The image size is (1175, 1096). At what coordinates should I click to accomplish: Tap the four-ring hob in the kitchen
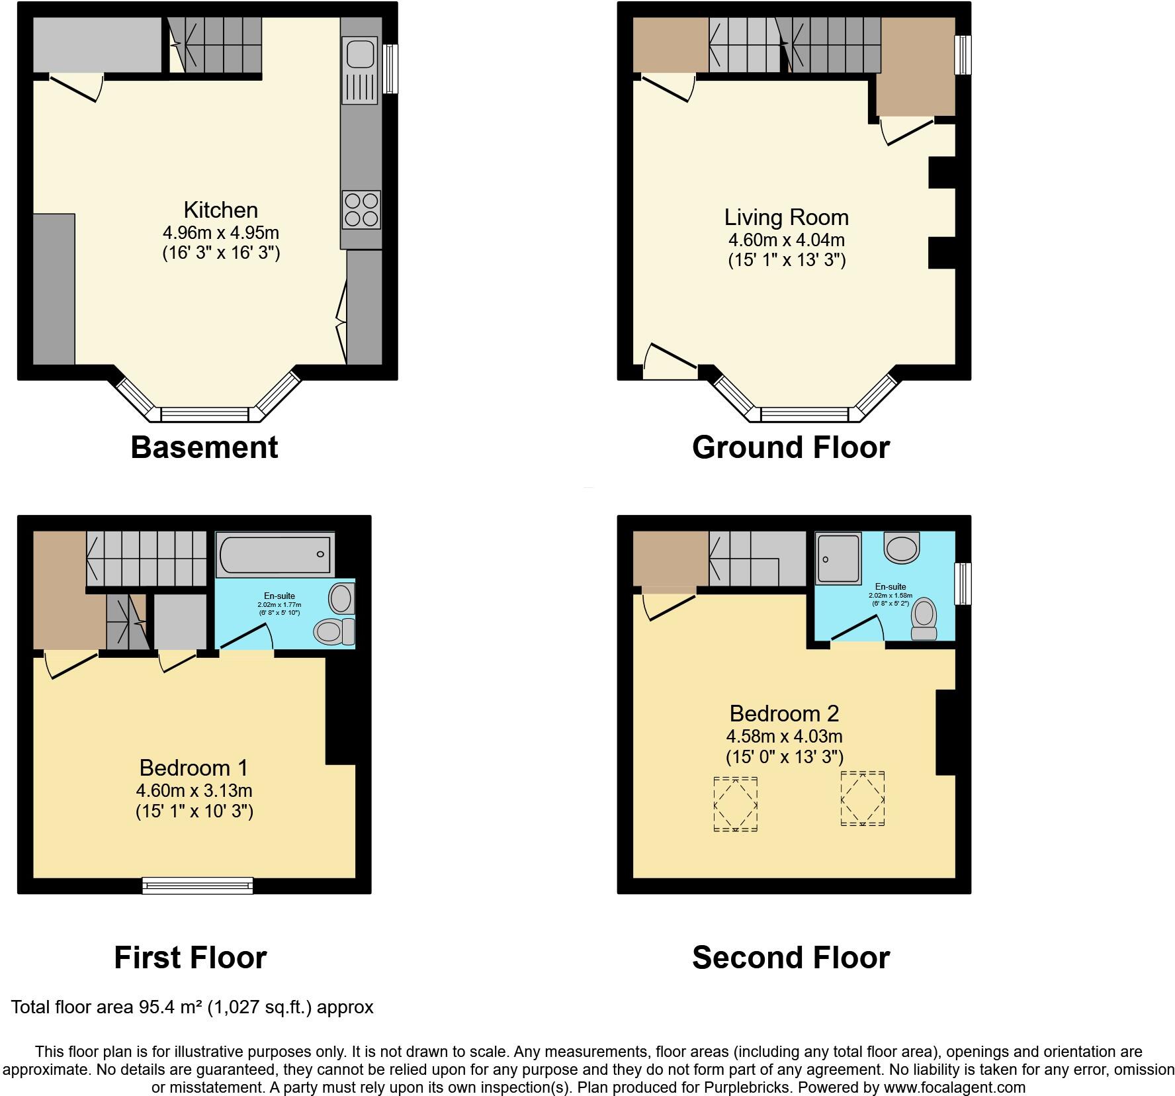pos(361,209)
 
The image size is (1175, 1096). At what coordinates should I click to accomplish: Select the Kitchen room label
pos(220,210)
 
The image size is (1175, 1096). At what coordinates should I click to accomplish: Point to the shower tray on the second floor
pos(838,559)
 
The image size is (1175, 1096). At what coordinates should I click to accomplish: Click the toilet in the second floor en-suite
pos(924,619)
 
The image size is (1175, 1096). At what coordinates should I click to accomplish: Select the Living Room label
pos(786,218)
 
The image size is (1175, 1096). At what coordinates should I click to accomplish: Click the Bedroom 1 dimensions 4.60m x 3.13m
pos(194,790)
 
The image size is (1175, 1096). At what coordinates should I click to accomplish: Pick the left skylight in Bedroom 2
pos(735,804)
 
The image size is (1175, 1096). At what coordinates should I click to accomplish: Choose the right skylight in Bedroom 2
pos(862,799)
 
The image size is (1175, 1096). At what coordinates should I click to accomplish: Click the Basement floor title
pos(204,447)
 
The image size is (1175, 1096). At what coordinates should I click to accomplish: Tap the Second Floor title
pos(791,958)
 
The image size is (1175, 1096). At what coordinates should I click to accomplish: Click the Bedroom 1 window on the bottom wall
pos(198,886)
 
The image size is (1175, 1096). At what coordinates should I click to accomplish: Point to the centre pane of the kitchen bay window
pos(204,415)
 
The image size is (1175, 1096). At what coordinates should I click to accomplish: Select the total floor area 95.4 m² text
pos(192,1007)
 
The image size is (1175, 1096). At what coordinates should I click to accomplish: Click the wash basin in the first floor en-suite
pos(341,598)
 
